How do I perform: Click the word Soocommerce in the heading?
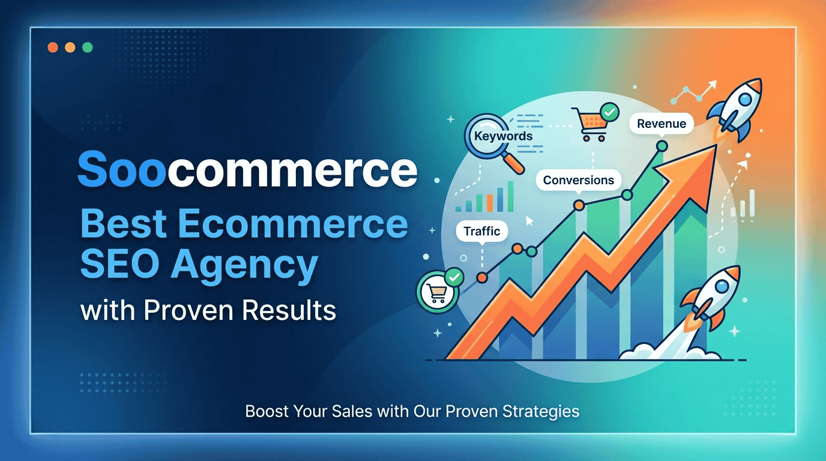[x=247, y=170]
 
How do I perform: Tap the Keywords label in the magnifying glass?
[x=503, y=136]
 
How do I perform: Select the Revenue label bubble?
[x=662, y=124]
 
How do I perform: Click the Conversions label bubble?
[x=578, y=180]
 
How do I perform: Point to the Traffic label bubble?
[x=482, y=231]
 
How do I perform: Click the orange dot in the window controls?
[x=52, y=47]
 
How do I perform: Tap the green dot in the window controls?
[x=88, y=47]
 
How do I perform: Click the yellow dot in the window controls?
[x=70, y=47]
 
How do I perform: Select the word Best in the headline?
[x=123, y=224]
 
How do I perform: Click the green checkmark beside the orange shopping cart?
[x=610, y=112]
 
